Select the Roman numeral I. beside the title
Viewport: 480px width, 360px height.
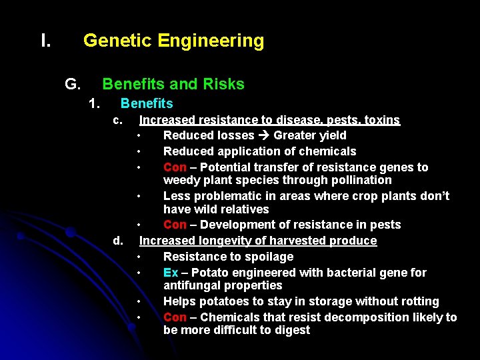click(x=45, y=41)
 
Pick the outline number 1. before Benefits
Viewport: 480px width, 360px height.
click(x=95, y=103)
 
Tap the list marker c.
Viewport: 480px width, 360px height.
click(x=117, y=120)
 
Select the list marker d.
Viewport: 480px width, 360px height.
click(x=117, y=240)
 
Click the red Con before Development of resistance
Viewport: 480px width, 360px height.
click(x=175, y=225)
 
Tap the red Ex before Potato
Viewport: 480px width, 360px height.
click(x=171, y=273)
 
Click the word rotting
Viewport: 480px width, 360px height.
click(x=416, y=301)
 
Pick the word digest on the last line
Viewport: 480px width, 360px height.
click(x=291, y=330)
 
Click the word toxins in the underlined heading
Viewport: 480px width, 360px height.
click(x=381, y=120)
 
